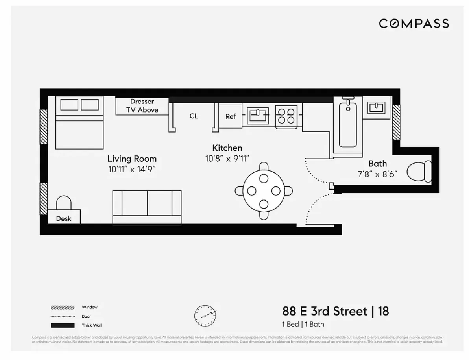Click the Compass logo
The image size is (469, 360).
coord(414,24)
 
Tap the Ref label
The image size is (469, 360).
coord(231,116)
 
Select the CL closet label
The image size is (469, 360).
coord(194,116)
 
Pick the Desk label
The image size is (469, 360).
coord(64,218)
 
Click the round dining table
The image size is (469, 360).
coord(263,191)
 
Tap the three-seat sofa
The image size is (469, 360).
coord(147,207)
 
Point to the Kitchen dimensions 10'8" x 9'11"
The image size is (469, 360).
coord(227,158)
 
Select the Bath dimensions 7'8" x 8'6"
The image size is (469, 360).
coord(377,174)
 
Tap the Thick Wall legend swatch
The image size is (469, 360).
coord(63,325)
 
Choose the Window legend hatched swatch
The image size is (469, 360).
coord(63,307)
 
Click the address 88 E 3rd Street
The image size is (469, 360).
coord(324,312)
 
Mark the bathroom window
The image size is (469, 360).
coord(396,122)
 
